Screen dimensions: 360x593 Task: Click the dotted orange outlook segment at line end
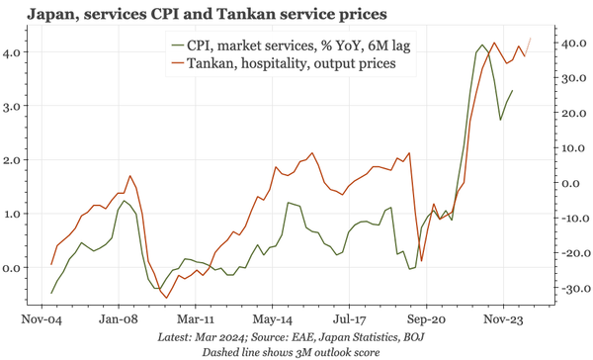[x=528, y=45]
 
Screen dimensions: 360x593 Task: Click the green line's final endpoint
[x=512, y=91]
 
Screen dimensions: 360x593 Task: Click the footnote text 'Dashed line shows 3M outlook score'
[x=296, y=351]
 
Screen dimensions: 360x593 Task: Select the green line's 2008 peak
[x=125, y=201]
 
